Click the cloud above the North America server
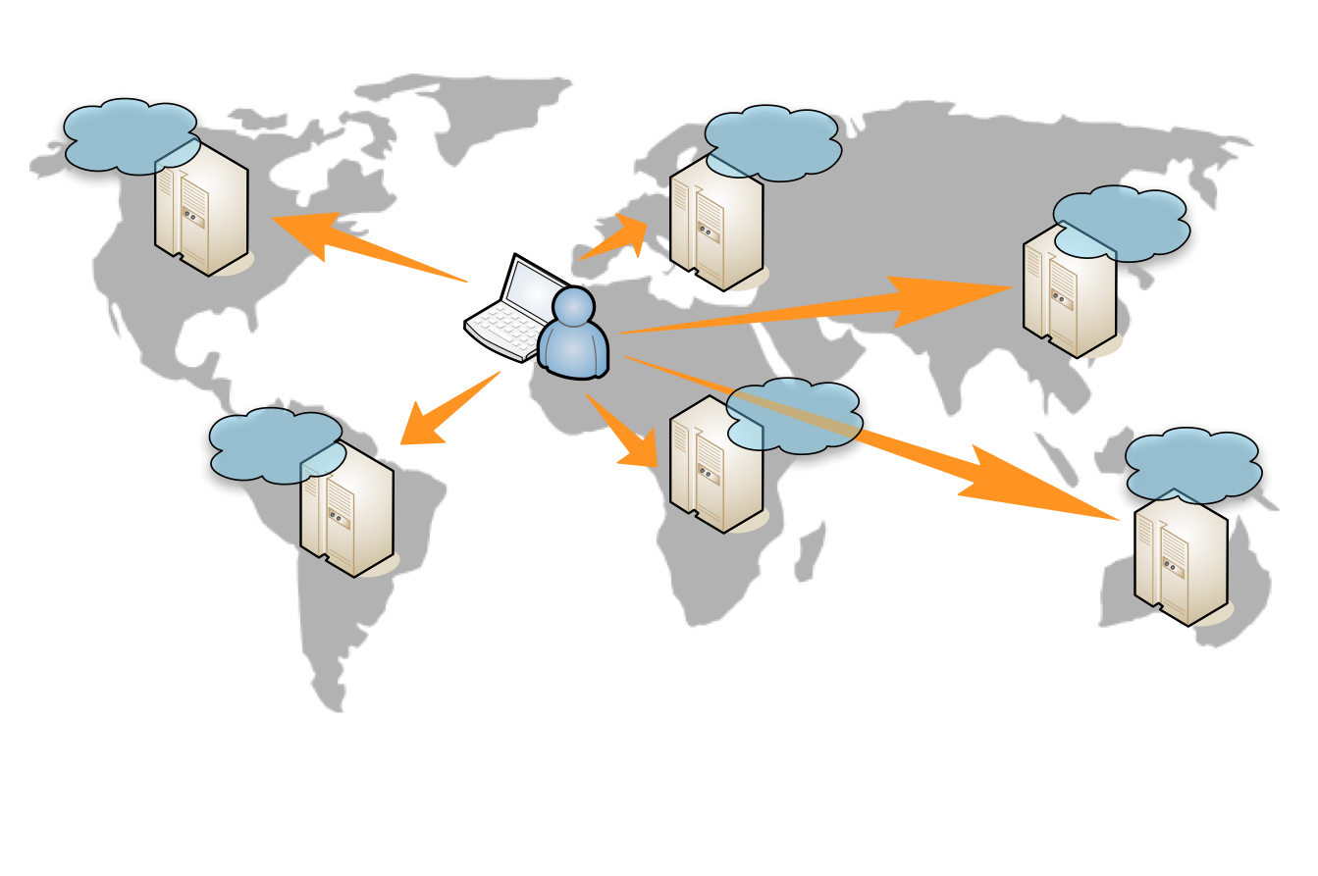(128, 134)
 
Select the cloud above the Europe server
(773, 141)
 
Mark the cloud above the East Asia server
(1121, 221)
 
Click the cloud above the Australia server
(1192, 463)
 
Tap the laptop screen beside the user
(525, 289)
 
